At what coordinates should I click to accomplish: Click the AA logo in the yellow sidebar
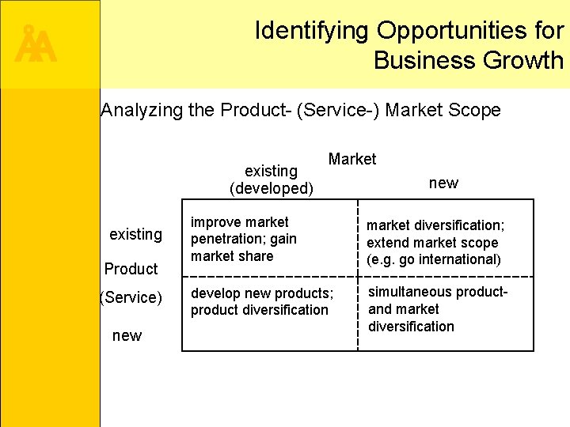pos(36,47)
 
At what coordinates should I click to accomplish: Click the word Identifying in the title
pos(311,31)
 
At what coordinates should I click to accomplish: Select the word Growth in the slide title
pos(526,60)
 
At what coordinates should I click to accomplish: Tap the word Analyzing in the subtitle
pos(143,110)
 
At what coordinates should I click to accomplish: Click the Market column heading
pos(352,159)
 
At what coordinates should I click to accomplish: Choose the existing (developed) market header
pos(272,179)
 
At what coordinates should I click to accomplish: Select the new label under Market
pos(443,183)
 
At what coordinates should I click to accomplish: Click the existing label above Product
pos(135,234)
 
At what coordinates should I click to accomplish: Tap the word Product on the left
pos(131,269)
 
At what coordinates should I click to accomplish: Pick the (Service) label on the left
pos(131,298)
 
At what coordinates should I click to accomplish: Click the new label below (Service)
pos(127,336)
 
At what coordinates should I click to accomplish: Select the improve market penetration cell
pos(244,239)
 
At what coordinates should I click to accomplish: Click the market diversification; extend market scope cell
pos(434,243)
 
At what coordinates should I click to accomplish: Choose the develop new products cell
pos(261,301)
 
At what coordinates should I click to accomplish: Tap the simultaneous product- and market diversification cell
pos(437,309)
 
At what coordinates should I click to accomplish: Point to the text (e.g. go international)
pos(434,259)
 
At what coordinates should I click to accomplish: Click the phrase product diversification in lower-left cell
pos(259,310)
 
